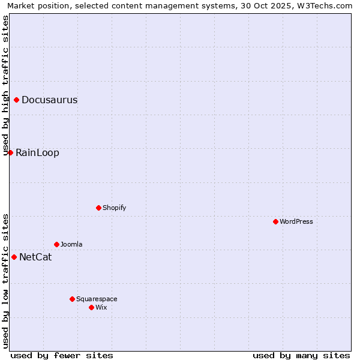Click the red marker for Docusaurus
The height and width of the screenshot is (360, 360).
[x=16, y=100]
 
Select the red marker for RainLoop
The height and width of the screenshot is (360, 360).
[x=10, y=152]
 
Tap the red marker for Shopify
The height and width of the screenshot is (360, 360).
[x=98, y=208]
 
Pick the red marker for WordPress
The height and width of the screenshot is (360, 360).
[x=275, y=221]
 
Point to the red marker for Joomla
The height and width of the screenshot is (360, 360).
[x=56, y=244]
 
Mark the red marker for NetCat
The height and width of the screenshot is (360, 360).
[x=14, y=257]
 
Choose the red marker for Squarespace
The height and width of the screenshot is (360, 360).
[x=72, y=299]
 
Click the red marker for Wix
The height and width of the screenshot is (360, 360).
[x=91, y=307]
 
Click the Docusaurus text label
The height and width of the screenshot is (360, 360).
[x=49, y=100]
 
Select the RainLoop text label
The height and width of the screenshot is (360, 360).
[x=37, y=153]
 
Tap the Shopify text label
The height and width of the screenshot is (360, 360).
[x=114, y=208]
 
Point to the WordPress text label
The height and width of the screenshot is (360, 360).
[x=296, y=221]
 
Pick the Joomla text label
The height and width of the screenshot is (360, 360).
[x=71, y=244]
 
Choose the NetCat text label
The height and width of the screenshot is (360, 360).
[x=35, y=257]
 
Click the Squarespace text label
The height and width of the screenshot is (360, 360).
[x=97, y=299]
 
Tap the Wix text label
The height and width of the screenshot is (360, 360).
[x=101, y=307]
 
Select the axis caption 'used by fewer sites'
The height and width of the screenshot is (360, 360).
[x=62, y=355]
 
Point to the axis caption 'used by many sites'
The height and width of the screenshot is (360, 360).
[x=301, y=355]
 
